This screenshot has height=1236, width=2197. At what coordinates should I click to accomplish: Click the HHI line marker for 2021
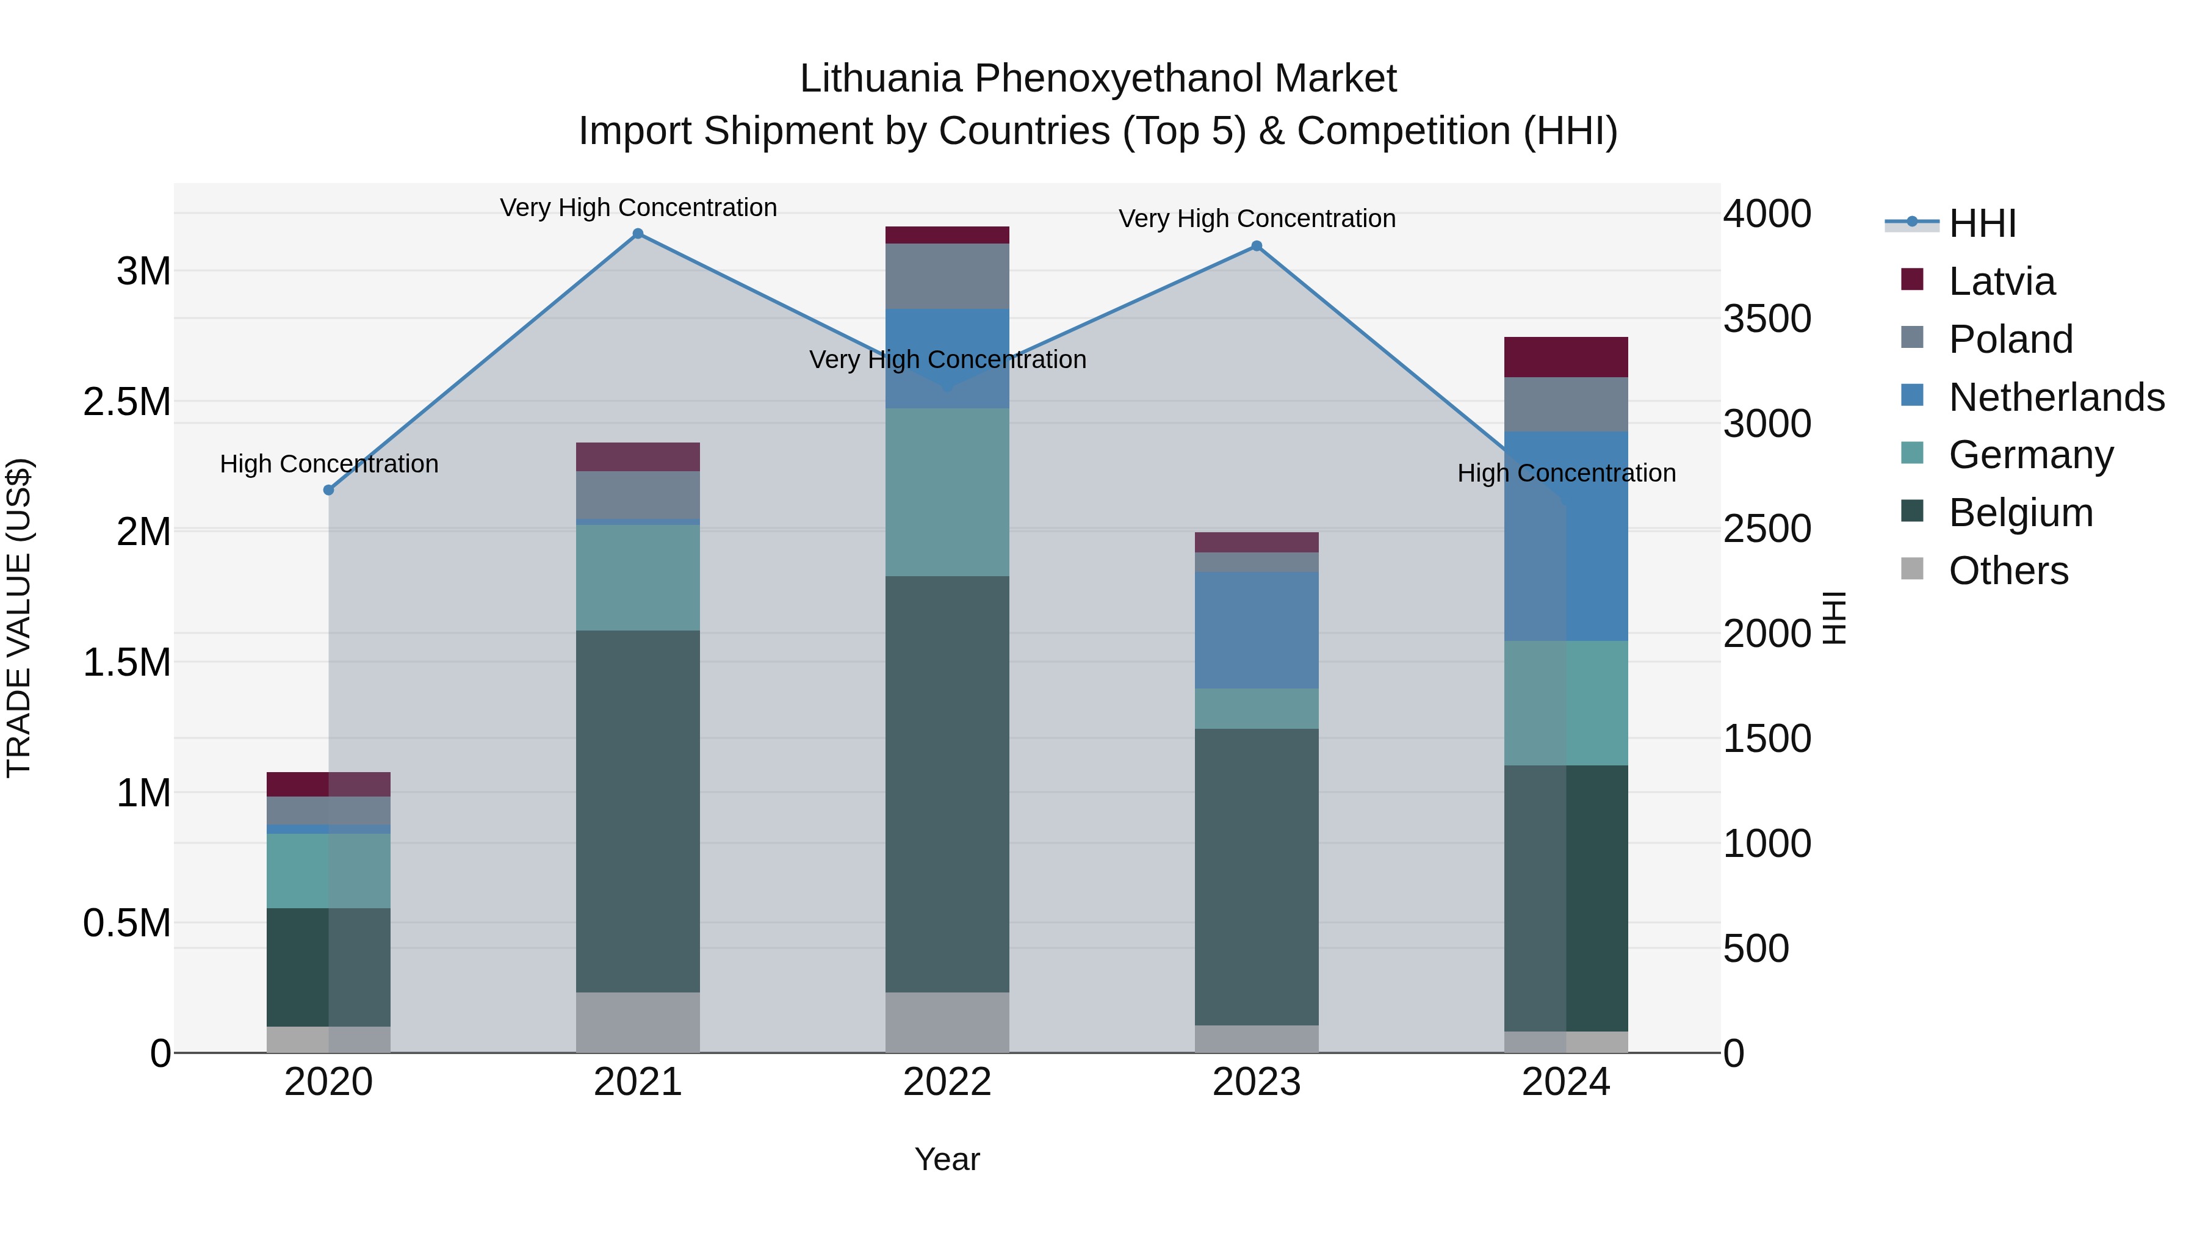[638, 234]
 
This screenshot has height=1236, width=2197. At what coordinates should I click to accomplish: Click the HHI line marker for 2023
[1257, 247]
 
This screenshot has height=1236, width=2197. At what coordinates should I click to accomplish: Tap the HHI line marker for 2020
[328, 490]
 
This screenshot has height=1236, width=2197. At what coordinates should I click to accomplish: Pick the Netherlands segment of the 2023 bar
[1257, 631]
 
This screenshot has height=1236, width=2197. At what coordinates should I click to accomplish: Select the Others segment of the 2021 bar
[638, 1022]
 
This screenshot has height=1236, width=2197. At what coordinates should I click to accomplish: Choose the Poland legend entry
[2010, 339]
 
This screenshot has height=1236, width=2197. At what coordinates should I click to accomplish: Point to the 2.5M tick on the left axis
[127, 402]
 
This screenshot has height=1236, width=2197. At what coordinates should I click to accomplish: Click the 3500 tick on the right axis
[1766, 319]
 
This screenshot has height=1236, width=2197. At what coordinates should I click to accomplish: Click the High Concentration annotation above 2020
[329, 464]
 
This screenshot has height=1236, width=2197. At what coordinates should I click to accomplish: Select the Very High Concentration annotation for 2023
[1257, 219]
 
